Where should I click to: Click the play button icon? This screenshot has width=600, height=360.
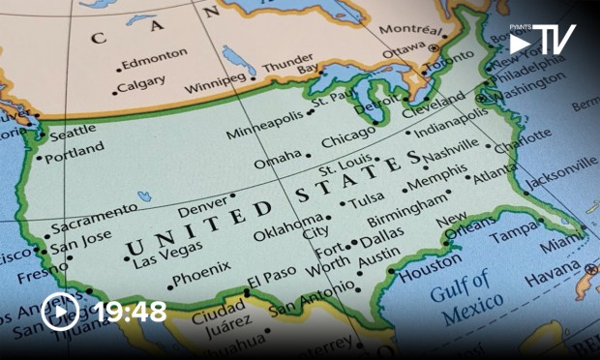[x=60, y=312]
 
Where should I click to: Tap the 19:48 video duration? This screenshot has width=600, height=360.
[x=130, y=312]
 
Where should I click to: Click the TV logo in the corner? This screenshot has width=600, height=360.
[x=542, y=42]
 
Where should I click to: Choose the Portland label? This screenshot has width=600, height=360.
[x=75, y=153]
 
